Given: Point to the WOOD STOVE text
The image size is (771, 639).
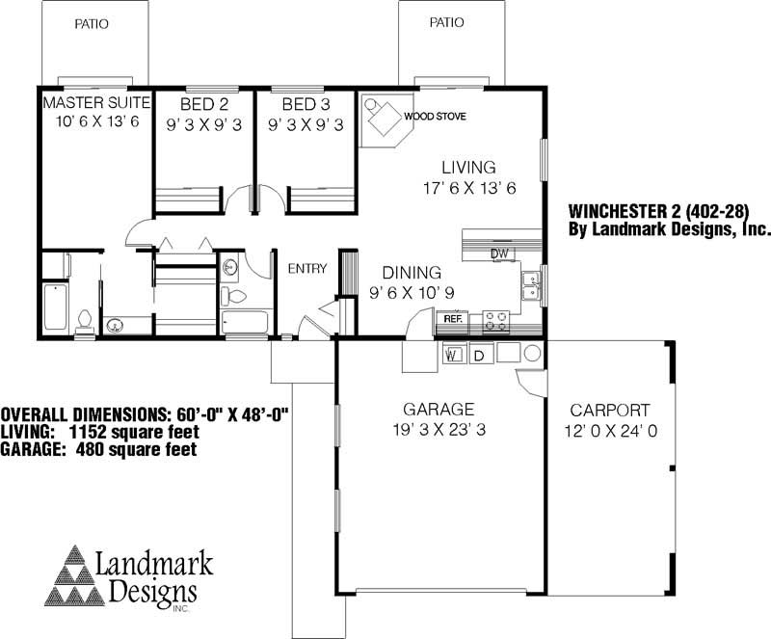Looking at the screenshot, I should (x=435, y=117).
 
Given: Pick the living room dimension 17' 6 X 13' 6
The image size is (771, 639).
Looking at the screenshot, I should (x=468, y=188).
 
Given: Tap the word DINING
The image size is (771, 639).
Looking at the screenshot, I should (x=412, y=273).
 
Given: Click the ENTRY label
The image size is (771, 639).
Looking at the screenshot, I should (x=307, y=269).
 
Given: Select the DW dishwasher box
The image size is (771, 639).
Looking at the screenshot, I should (x=499, y=253).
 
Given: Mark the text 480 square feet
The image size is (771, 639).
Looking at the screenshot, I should (x=138, y=449).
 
